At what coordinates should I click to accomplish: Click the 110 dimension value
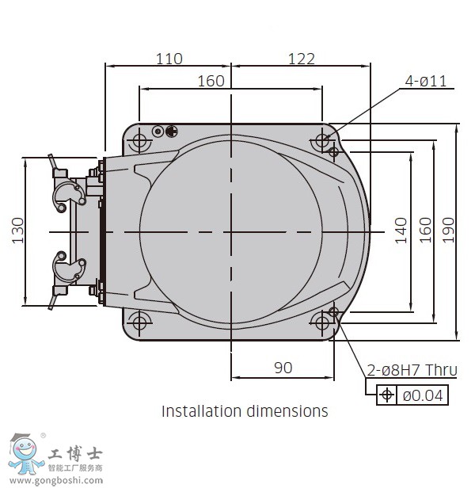coord(169,59)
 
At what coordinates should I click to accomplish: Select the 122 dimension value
coord(302,59)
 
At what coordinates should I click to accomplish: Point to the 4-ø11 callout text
coord(426,81)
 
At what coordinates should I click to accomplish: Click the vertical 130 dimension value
coord(18,231)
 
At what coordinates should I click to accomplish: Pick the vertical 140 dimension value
coord(401,231)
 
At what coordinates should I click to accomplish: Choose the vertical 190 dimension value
coord(448,231)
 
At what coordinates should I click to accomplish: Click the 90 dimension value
coord(283,368)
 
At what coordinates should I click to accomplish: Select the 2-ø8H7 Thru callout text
coord(412,370)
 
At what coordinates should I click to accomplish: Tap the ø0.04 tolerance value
coord(423,395)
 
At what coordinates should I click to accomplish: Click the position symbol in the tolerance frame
coord(386,395)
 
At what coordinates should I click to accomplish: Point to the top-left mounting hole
coord(139,139)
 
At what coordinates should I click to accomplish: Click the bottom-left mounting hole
coord(139,323)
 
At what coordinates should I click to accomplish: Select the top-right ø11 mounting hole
coord(322,139)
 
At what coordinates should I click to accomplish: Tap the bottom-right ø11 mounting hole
coord(322,323)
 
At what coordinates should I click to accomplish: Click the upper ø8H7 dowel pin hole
coord(333,152)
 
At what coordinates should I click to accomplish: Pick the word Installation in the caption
coord(202,411)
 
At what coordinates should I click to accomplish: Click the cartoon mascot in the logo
coord(25,454)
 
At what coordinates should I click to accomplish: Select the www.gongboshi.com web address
coord(56,481)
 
